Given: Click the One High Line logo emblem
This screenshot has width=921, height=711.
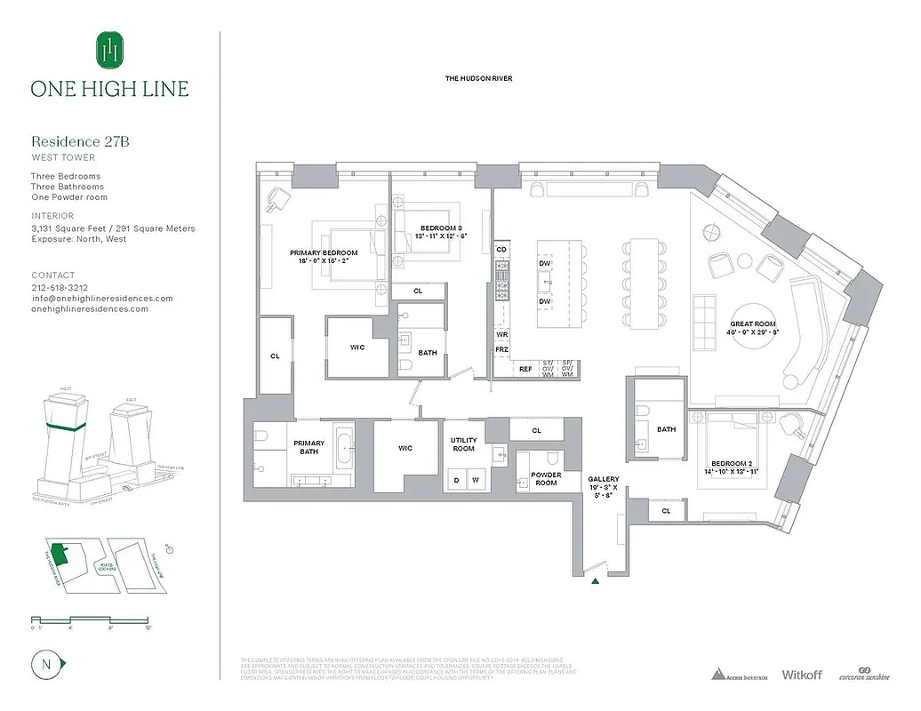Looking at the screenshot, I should click(x=110, y=50).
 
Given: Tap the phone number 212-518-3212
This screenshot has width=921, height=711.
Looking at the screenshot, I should click(x=60, y=288).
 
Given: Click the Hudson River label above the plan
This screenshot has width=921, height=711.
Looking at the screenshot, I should click(x=478, y=79).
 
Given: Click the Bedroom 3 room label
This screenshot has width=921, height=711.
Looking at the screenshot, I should click(x=442, y=233).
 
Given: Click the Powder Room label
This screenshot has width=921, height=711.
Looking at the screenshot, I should click(x=546, y=478).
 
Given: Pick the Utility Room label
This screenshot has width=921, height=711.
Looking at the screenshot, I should click(x=464, y=444).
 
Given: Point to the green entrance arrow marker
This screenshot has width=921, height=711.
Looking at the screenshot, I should click(x=595, y=580).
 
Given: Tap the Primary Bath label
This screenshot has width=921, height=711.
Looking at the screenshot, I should click(x=309, y=448).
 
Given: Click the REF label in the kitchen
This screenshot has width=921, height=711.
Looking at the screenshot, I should click(x=525, y=369).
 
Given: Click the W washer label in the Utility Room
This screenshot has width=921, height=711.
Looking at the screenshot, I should click(x=477, y=481).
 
